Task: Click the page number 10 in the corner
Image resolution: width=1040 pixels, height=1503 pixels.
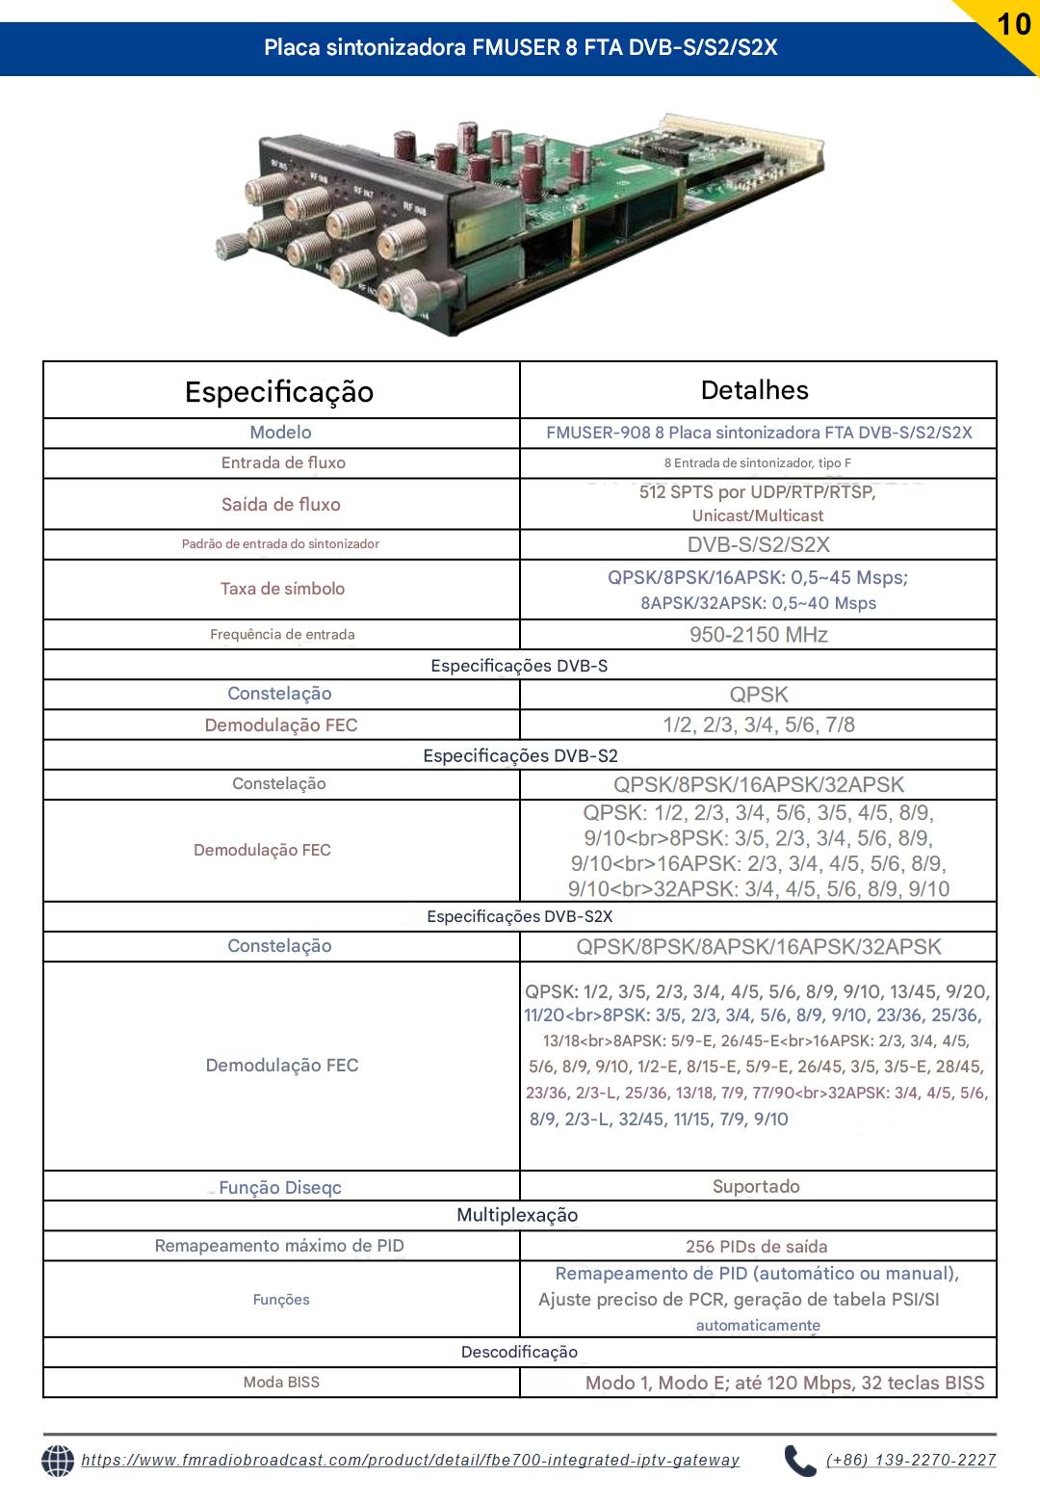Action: (1014, 23)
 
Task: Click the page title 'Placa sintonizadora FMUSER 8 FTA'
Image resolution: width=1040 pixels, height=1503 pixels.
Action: (520, 47)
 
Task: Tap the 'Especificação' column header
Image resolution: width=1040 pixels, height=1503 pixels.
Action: (279, 391)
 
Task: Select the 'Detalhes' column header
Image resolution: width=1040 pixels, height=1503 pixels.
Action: (755, 390)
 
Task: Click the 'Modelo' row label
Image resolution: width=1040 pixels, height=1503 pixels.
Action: (280, 433)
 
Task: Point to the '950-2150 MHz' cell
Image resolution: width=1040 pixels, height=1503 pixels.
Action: (759, 635)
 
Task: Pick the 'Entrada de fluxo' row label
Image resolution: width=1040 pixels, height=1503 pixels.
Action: (283, 462)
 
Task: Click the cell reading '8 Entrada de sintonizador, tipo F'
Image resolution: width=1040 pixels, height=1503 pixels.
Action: (758, 463)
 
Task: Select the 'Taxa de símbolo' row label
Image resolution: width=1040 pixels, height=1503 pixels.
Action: (282, 589)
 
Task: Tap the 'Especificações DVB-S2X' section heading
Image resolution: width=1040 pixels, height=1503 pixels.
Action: (520, 916)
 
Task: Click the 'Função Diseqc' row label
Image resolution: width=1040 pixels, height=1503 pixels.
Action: (280, 1188)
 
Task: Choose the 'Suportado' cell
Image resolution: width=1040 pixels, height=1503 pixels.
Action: (756, 1187)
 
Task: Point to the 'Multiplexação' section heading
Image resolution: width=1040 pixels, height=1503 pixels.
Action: (517, 1215)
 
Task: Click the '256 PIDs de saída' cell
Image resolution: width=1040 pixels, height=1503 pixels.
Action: (757, 1247)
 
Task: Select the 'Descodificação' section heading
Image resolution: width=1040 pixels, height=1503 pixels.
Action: (519, 1352)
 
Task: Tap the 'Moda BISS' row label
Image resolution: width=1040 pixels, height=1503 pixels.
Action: (281, 1382)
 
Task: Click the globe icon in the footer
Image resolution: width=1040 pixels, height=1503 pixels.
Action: (58, 1461)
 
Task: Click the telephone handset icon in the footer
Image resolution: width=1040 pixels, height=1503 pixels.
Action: (799, 1461)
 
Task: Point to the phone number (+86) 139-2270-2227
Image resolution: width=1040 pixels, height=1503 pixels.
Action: (911, 1461)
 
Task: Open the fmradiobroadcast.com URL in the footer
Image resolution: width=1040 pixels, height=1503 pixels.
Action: (410, 1461)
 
